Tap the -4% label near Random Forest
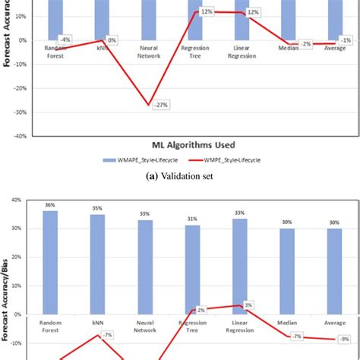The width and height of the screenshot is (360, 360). coord(65,39)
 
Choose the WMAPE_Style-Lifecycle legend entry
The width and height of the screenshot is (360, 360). coord(137,161)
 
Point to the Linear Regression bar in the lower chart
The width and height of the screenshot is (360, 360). coord(240,266)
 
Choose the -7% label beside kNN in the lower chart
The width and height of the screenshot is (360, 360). coord(107,335)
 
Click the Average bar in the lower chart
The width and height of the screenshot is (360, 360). coord(335,271)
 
